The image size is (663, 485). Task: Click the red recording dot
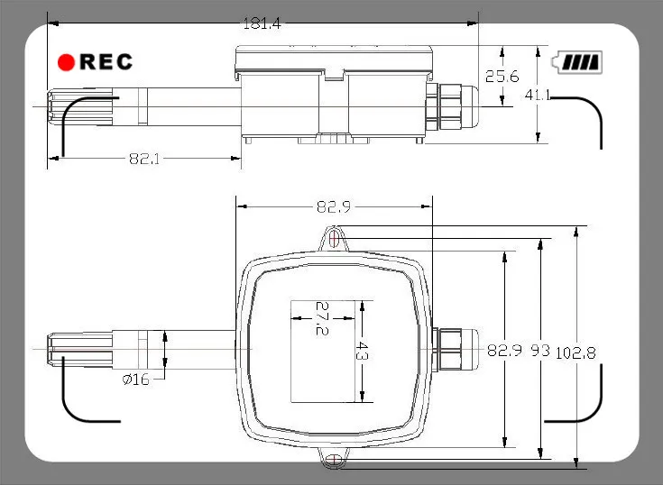66,62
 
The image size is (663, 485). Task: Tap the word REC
106,61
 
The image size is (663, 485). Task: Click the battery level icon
577,62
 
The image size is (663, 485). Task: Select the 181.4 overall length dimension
262,23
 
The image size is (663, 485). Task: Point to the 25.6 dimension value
502,77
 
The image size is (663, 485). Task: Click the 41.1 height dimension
538,95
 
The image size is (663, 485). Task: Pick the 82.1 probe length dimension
144,159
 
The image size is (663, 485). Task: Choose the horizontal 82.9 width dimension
334,206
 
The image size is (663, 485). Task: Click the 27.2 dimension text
322,318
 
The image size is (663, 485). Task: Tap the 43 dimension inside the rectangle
362,351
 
